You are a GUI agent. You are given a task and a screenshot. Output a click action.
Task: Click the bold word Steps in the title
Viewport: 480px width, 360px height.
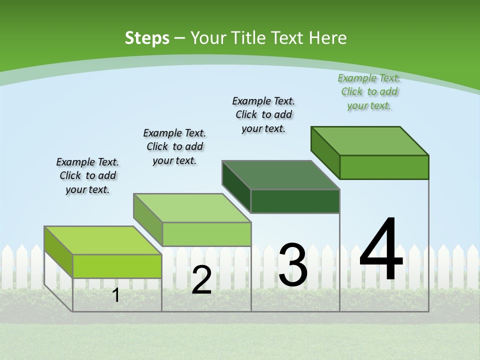[147, 38]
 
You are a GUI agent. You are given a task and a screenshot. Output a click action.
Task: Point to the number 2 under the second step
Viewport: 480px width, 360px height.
[201, 280]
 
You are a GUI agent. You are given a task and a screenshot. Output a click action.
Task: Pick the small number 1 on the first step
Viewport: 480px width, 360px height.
[116, 295]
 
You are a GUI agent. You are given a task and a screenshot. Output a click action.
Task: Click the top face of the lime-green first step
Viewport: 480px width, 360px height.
[102, 240]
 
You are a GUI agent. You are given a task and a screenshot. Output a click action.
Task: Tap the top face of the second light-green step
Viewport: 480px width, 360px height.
[192, 207]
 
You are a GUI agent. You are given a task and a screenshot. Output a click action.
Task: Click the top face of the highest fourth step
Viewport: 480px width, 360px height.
[370, 140]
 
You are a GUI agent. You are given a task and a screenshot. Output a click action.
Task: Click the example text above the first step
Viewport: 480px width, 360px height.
[88, 175]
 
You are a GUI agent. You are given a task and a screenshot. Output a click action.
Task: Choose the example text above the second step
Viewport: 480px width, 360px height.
[174, 146]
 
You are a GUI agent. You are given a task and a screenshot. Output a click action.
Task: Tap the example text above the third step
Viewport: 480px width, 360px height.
[263, 114]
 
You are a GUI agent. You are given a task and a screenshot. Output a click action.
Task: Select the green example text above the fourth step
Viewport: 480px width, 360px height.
[369, 91]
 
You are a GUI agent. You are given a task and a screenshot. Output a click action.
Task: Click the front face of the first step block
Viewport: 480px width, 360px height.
[117, 266]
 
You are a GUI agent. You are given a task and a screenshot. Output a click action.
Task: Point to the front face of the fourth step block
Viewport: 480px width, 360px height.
[384, 167]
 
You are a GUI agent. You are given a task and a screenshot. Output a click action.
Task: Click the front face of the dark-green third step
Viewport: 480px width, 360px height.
[295, 201]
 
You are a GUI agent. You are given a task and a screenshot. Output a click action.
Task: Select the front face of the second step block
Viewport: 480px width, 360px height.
[206, 234]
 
